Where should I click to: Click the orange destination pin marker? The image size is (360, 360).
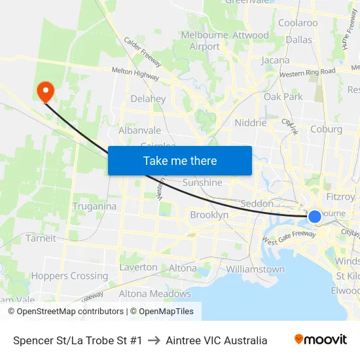(45, 91)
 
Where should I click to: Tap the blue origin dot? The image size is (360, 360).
(315, 217)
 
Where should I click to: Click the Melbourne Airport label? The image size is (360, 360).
(205, 41)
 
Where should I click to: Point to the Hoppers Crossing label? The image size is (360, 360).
(69, 276)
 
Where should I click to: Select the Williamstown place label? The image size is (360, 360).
(255, 269)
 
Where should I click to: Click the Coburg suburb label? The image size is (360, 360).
(326, 129)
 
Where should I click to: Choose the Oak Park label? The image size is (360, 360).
(283, 97)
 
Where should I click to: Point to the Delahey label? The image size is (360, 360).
(148, 99)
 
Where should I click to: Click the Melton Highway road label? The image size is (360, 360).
(136, 73)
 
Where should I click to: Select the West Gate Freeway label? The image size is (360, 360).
(289, 236)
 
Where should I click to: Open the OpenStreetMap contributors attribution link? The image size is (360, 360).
(70, 312)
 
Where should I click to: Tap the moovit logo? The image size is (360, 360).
(321, 340)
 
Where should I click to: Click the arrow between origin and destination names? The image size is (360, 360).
(154, 340)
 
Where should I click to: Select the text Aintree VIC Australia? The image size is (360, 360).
(217, 340)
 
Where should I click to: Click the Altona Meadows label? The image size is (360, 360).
(154, 294)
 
